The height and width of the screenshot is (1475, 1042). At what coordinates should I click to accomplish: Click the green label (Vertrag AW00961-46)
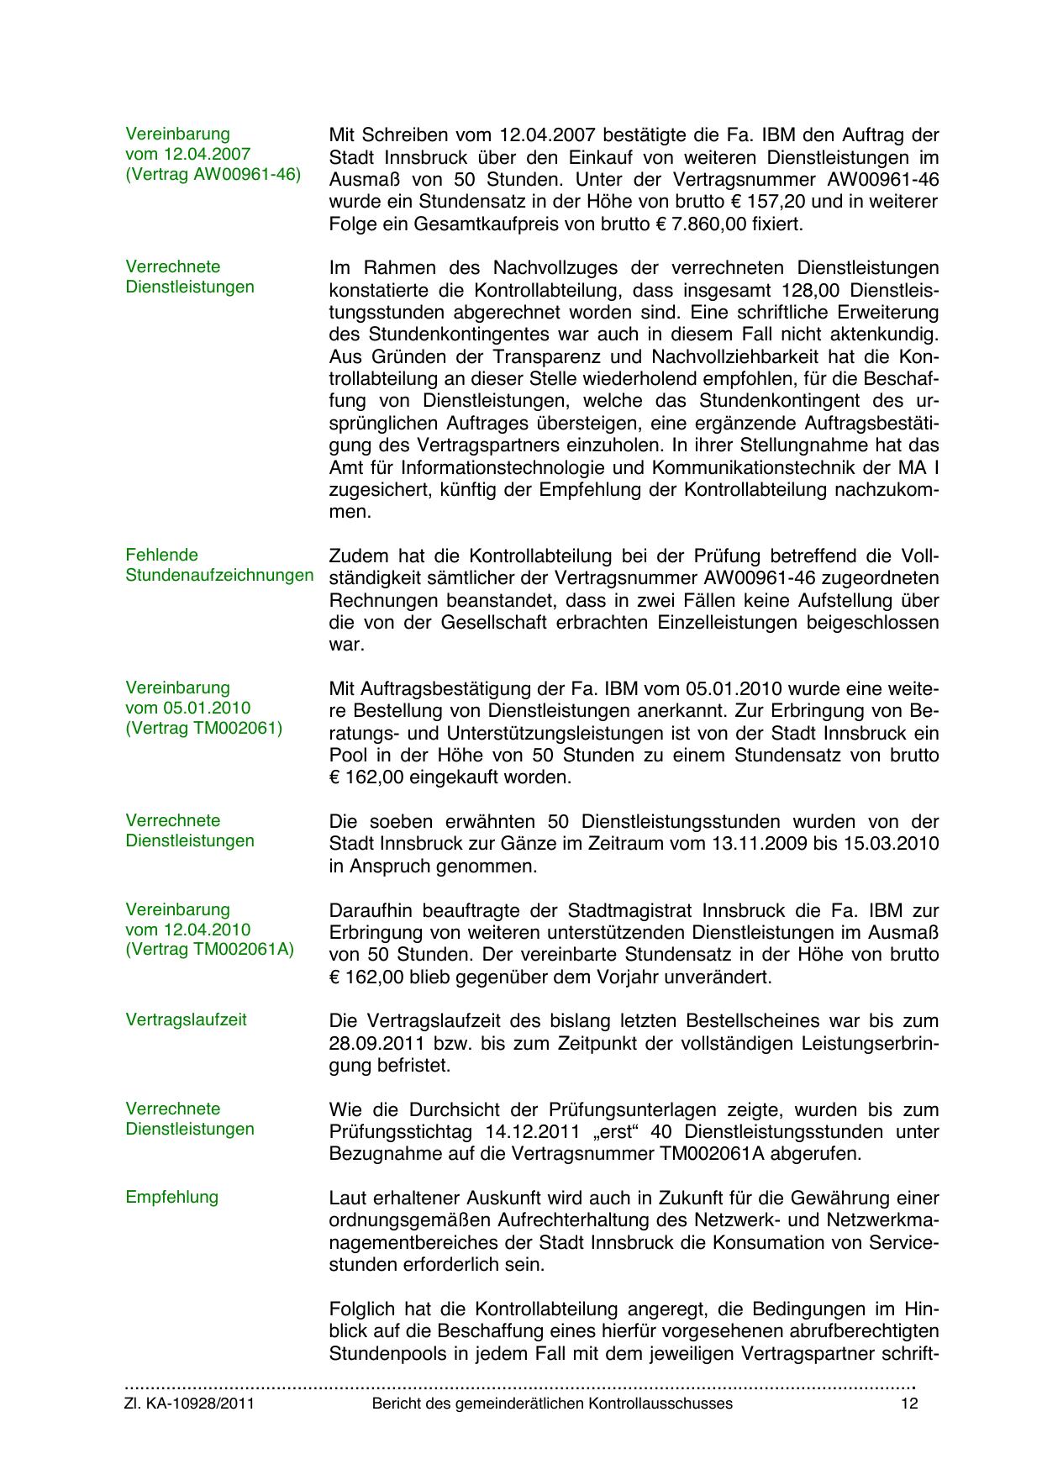click(213, 175)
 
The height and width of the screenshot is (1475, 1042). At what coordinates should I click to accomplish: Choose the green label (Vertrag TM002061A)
click(209, 950)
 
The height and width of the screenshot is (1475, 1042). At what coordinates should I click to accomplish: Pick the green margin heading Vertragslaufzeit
click(186, 1019)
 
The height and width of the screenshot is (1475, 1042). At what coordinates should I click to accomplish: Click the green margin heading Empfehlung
click(171, 1197)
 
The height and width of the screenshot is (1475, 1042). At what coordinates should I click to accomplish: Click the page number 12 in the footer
click(908, 1404)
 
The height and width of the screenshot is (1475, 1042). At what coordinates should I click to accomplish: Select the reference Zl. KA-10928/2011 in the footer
click(189, 1404)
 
